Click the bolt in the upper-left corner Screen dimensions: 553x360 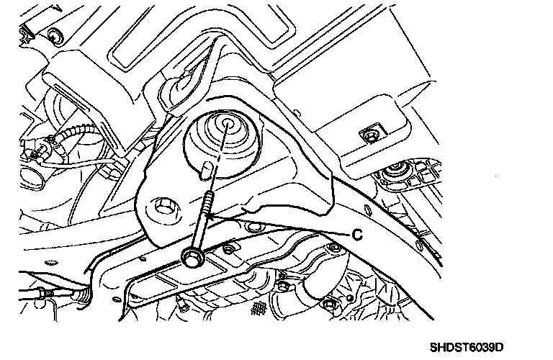pos(55,36)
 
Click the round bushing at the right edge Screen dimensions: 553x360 pos(395,173)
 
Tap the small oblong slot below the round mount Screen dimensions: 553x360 pos(207,169)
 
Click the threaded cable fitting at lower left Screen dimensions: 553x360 pos(84,295)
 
